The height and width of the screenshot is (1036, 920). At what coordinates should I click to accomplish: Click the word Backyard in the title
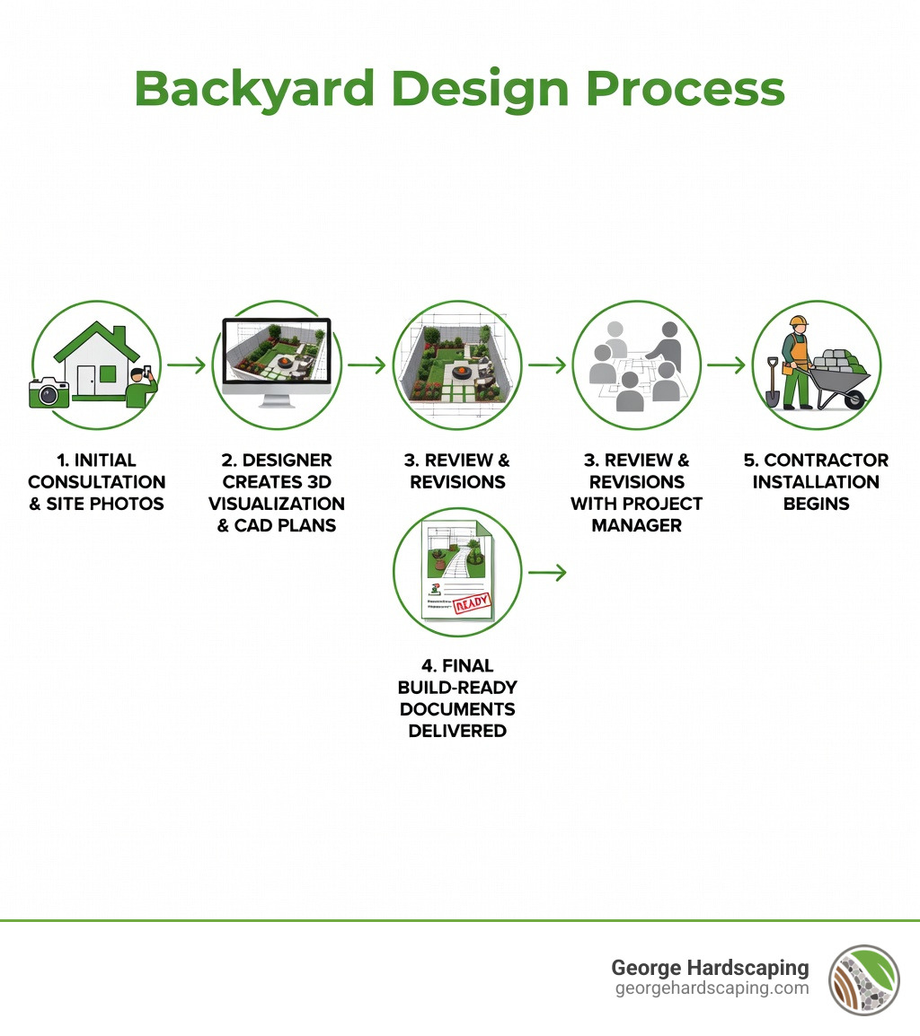point(254,90)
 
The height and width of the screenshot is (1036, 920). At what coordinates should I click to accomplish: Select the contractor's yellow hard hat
point(799,321)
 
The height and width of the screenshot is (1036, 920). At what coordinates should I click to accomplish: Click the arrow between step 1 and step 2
point(187,365)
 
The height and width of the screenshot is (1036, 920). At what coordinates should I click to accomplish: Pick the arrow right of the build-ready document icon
point(547,572)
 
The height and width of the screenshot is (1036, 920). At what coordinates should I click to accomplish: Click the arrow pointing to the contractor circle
point(726,365)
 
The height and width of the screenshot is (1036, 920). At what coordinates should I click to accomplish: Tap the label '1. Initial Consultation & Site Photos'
point(96,482)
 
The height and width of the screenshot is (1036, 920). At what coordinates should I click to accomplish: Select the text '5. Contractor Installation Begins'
point(816,482)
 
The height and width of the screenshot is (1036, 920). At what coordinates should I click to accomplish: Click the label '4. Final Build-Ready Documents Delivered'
point(457,698)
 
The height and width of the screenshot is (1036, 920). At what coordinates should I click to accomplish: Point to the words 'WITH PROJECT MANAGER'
point(636,514)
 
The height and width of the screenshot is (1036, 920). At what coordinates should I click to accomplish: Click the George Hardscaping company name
point(710,968)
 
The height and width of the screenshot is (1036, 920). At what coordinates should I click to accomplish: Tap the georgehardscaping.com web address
point(712,988)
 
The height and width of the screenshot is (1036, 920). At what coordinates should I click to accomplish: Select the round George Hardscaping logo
point(863,979)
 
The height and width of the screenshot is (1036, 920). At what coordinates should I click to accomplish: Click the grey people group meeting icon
point(636,366)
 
